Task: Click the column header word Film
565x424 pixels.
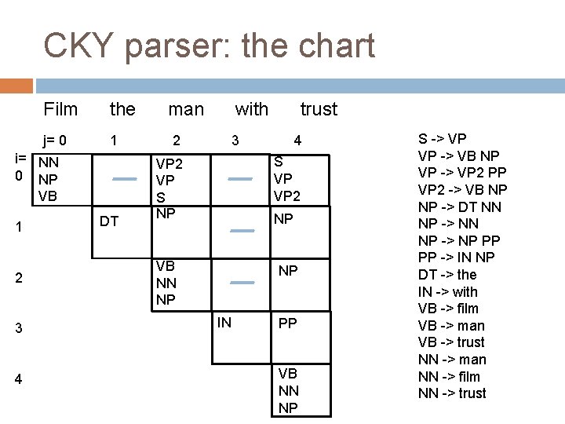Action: coord(60,108)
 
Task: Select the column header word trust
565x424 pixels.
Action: coord(319,108)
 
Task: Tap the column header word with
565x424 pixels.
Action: coord(251,108)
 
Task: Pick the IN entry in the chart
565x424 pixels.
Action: coord(224,320)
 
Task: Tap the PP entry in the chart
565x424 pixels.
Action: coord(288,323)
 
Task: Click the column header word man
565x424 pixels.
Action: coord(186,108)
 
